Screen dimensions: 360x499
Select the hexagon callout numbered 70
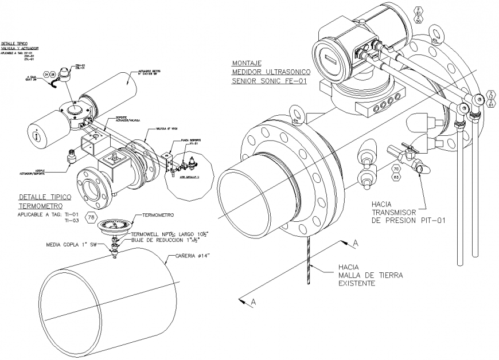[x=396, y=169]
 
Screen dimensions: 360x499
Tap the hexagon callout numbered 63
[x=396, y=177]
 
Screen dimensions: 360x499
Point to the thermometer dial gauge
[x=112, y=225]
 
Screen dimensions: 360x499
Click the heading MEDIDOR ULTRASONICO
[x=271, y=72]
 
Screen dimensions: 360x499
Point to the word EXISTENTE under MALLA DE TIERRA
[x=356, y=283]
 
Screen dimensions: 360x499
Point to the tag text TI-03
[x=71, y=220]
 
